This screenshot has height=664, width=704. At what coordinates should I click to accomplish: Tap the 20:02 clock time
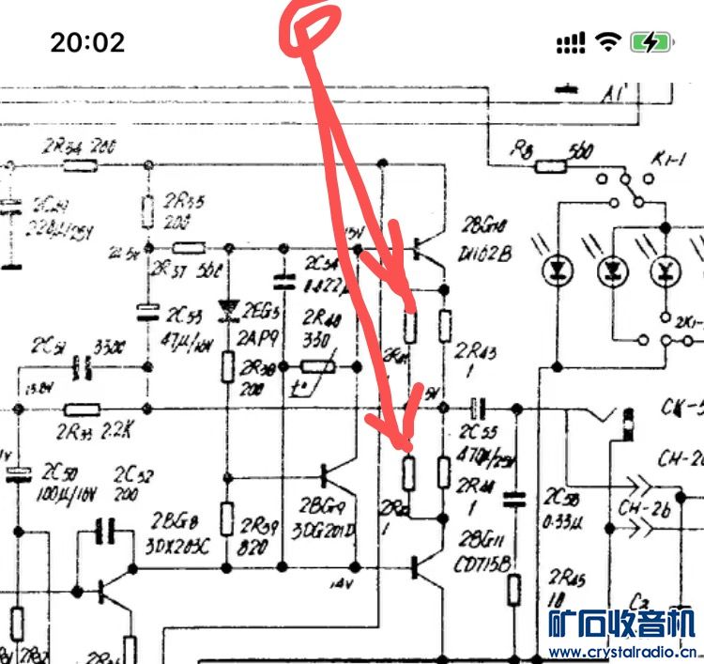(x=87, y=41)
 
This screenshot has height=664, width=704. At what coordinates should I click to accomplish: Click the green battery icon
(x=650, y=41)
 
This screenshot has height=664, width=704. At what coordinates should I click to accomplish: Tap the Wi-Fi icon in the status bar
(x=609, y=41)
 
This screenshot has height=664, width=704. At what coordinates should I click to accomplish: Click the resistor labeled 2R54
(x=81, y=166)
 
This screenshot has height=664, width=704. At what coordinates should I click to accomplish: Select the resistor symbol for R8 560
(x=551, y=166)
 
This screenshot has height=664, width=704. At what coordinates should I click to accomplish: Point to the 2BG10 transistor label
(x=485, y=224)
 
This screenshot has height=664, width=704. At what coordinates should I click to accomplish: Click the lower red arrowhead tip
(x=406, y=449)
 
